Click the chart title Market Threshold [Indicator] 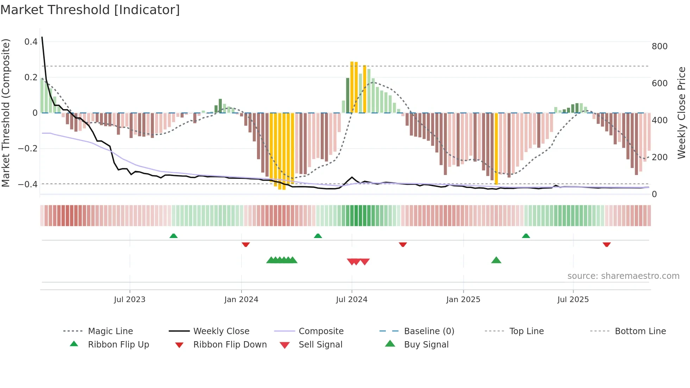click(x=90, y=10)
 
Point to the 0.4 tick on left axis click(x=31, y=42)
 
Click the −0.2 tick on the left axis click(x=27, y=149)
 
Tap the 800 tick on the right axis click(x=659, y=46)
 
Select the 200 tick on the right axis click(x=659, y=157)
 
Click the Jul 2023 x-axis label click(x=130, y=300)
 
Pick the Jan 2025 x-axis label click(x=463, y=300)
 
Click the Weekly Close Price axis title click(x=682, y=113)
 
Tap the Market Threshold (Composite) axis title click(x=6, y=113)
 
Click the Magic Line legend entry click(x=110, y=331)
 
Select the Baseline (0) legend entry click(x=429, y=331)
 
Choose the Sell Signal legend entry click(x=320, y=345)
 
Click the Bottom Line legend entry click(x=640, y=331)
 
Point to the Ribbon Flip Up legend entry click(x=118, y=345)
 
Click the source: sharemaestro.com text click(x=623, y=276)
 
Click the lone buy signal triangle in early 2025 click(x=496, y=261)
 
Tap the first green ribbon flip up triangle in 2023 click(x=174, y=236)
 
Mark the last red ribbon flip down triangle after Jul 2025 click(x=606, y=244)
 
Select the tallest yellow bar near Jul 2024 click(x=352, y=87)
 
